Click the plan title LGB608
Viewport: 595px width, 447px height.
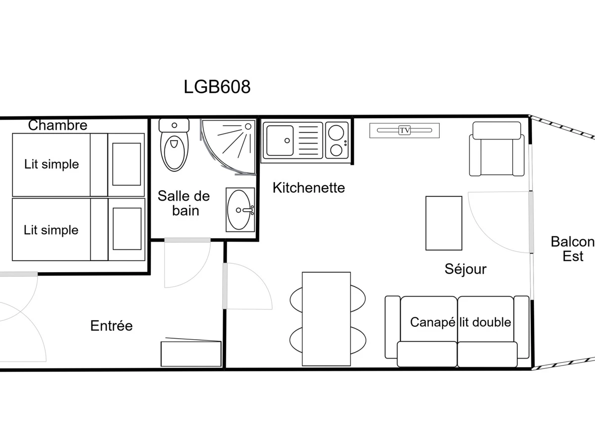tap(217, 87)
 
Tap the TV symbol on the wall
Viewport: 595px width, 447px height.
tap(405, 130)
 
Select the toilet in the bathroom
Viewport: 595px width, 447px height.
tap(175, 145)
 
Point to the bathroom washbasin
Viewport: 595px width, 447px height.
tap(240, 210)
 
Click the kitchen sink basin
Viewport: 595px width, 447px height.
tap(280, 141)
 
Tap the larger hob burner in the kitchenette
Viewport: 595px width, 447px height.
tap(336, 133)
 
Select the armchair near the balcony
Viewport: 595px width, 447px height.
tap(497, 149)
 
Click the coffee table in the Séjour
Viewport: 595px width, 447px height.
tap(444, 223)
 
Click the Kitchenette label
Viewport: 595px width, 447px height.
tap(309, 188)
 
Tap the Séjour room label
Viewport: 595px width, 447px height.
tap(466, 269)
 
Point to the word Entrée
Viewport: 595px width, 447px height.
tap(112, 325)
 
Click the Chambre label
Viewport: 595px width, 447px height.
tap(58, 125)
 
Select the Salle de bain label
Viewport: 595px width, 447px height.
tap(184, 203)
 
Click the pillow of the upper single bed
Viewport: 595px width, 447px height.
tap(126, 164)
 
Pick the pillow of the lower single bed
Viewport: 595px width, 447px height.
tap(127, 229)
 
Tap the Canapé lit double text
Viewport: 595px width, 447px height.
tap(461, 322)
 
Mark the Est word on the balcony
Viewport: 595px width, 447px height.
tap(573, 256)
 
